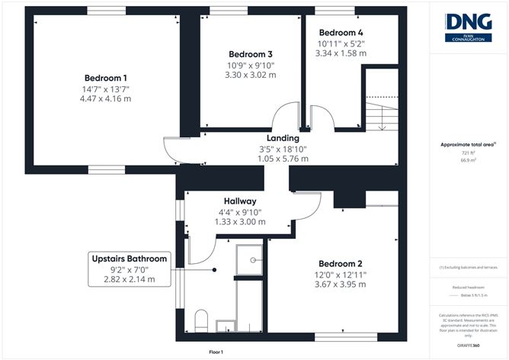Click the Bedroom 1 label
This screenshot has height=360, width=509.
point(106,78)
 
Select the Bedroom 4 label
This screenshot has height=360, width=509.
point(341,33)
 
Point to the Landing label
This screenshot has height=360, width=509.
point(282,137)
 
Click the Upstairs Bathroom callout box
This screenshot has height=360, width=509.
point(129,268)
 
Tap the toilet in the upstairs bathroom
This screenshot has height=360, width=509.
point(203,320)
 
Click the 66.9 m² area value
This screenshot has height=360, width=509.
point(468,161)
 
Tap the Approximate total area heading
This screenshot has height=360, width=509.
point(468,144)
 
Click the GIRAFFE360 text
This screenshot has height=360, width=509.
point(468,345)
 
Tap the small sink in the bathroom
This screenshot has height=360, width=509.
point(226,327)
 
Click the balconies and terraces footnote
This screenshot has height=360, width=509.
point(468,268)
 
